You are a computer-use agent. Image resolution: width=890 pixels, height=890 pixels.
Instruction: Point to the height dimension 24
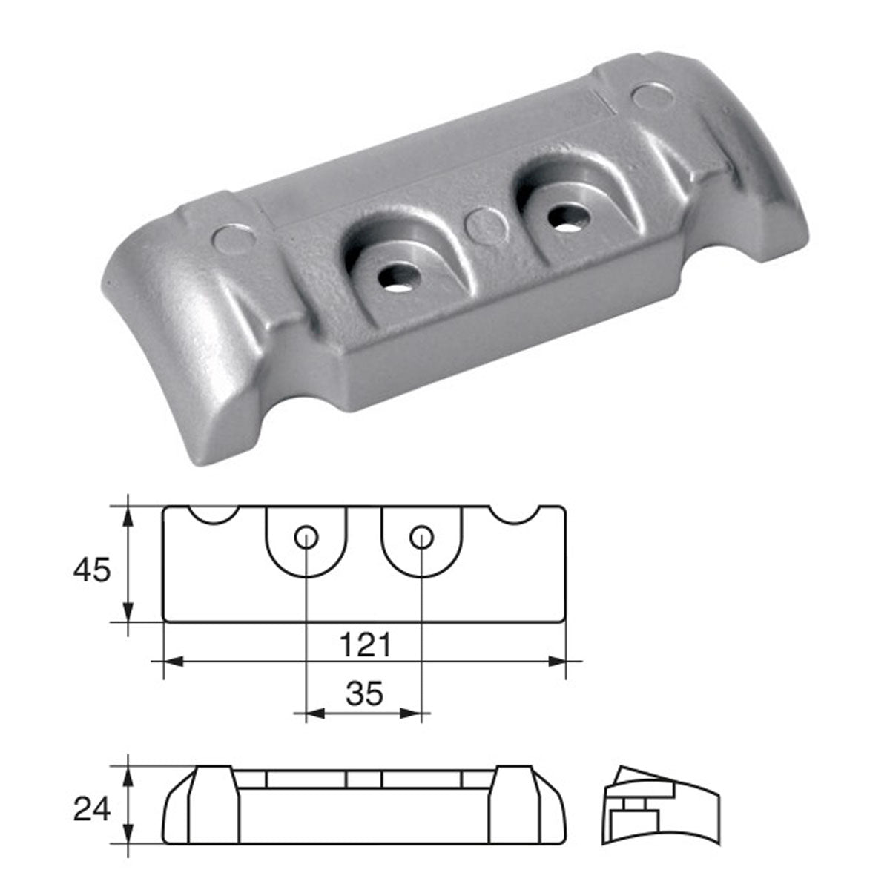(91, 810)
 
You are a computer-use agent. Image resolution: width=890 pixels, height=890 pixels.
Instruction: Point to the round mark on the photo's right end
(650, 96)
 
